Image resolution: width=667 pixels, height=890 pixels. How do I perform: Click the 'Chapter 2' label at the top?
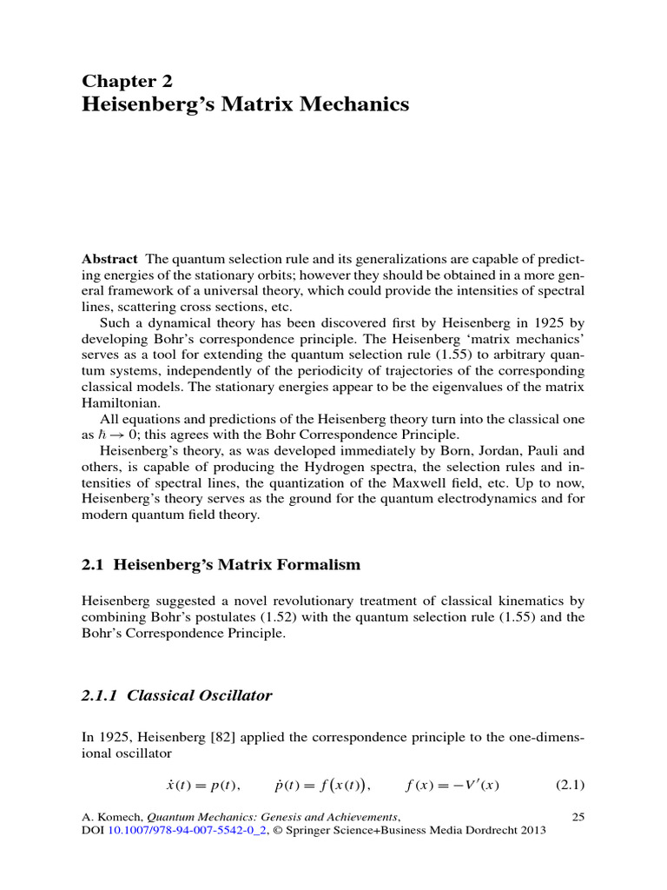(128, 82)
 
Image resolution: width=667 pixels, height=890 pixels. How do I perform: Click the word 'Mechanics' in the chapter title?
(346, 105)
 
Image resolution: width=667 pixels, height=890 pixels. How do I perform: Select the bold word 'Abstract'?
(109, 259)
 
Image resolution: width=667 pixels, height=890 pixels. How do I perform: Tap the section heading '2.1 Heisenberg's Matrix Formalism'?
(221, 565)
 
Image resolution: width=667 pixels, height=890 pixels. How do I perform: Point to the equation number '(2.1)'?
(570, 786)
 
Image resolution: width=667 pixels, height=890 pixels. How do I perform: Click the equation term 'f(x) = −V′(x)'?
(452, 786)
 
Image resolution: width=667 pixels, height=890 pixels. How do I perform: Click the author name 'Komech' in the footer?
(118, 817)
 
